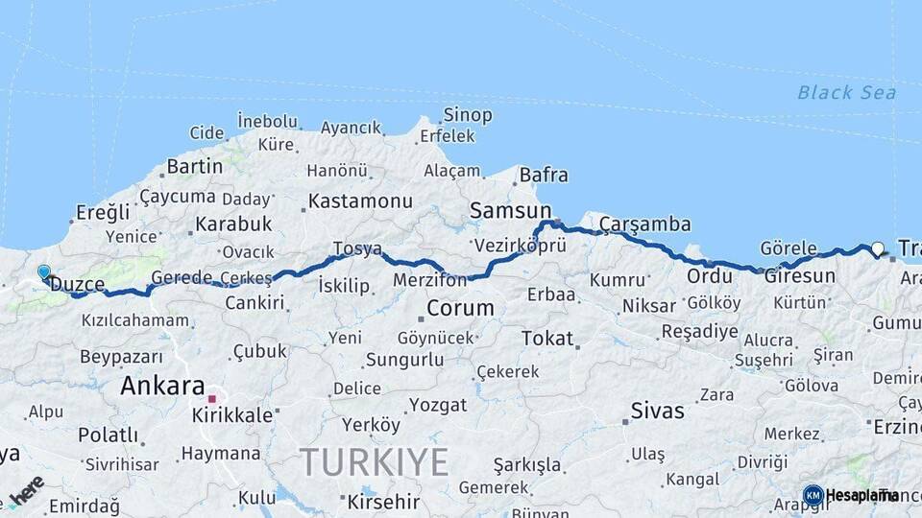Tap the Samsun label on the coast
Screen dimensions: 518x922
[x=511, y=210]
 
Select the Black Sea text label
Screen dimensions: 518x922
[x=846, y=92]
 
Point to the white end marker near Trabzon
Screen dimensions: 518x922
[x=877, y=249]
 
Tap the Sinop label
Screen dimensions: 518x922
[x=468, y=115]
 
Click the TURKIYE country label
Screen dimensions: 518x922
[x=374, y=462]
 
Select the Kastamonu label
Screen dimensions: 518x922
[x=360, y=201]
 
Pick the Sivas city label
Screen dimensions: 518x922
[x=658, y=412]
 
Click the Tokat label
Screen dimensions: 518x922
[x=547, y=338]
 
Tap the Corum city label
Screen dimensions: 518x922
[x=461, y=309]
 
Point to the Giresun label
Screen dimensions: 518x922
[x=799, y=275]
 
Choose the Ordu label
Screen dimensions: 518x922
[x=709, y=276]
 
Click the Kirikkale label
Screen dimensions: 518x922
[x=232, y=415]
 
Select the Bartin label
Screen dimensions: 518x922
[x=195, y=167]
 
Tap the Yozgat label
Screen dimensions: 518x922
[x=438, y=405]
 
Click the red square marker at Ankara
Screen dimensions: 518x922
[x=212, y=397]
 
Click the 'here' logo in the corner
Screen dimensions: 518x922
[x=26, y=488]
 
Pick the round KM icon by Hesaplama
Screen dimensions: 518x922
[x=813, y=495]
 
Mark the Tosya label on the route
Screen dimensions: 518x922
[x=357, y=249]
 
